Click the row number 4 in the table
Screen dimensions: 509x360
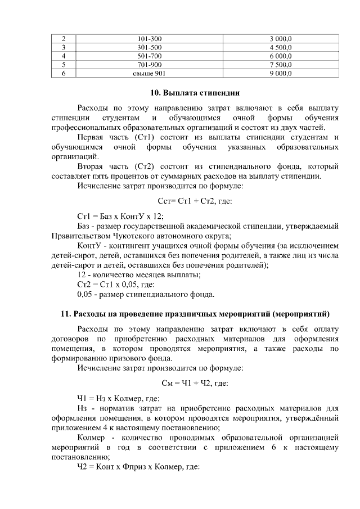click(64, 56)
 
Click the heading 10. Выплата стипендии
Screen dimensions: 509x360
click(193, 92)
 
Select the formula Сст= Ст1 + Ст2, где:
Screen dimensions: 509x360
click(193, 201)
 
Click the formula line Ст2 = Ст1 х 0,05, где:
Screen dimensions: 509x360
click(115, 284)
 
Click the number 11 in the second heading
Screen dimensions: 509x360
click(65, 313)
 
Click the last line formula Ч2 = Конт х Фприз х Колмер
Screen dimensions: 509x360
click(138, 467)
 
